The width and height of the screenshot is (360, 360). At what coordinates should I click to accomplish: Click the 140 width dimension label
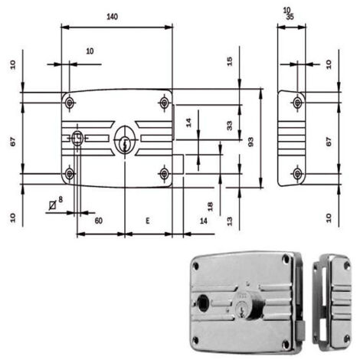112,17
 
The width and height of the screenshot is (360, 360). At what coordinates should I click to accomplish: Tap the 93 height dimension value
250,142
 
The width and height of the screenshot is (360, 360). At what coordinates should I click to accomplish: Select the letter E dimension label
148,221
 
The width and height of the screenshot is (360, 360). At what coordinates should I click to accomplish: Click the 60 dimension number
99,221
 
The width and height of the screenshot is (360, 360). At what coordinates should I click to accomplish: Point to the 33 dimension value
230,126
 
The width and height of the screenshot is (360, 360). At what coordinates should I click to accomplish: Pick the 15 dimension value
230,61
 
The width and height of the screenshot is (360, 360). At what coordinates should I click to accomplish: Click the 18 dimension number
210,207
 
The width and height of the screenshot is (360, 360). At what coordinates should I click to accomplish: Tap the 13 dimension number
230,221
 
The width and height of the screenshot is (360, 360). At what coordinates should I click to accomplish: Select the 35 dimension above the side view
290,17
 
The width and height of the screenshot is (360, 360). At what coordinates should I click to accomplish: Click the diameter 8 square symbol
53,205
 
